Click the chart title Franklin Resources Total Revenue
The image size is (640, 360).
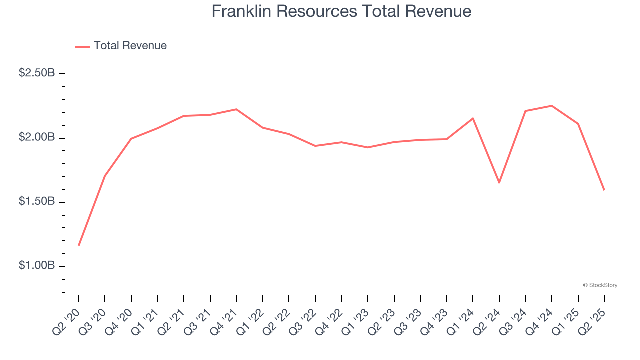coord(341,11)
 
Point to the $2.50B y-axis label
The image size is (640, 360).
coord(37,73)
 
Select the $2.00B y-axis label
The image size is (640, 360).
coord(37,137)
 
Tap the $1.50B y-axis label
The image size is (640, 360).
coord(37,201)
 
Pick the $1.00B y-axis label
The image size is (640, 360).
coord(37,265)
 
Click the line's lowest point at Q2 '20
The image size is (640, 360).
coord(79,245)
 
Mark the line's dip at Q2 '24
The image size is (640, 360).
coord(499,182)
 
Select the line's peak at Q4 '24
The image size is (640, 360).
coord(552,106)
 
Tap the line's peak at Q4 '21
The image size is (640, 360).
coord(236,109)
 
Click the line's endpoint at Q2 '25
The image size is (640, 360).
coord(604,190)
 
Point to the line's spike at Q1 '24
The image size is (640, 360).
coord(473,118)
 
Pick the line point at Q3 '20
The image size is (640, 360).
coord(105,176)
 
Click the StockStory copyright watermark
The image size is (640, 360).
coord(600,285)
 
